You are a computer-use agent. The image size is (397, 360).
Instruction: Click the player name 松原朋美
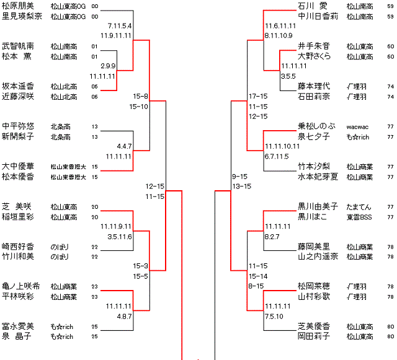pyautogui.click(x=19, y=6)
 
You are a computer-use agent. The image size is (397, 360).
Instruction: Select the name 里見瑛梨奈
pyautogui.click(x=22, y=17)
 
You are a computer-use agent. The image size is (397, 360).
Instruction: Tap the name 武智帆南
pyautogui.click(x=19, y=46)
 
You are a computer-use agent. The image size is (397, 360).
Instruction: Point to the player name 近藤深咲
pyautogui.click(x=19, y=97)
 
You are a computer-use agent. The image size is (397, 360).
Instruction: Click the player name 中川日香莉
pyautogui.click(x=318, y=17)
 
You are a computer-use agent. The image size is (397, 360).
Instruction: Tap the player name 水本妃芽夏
pyautogui.click(x=318, y=177)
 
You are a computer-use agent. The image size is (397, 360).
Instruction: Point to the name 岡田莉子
pyautogui.click(x=313, y=336)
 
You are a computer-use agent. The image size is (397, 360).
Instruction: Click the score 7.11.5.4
pyautogui.click(x=120, y=26)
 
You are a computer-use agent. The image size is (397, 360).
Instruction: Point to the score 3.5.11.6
pyautogui.click(x=120, y=237)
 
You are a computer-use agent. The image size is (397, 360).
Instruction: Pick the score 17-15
pyautogui.click(x=257, y=97)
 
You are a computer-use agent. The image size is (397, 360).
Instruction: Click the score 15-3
pyautogui.click(x=140, y=266)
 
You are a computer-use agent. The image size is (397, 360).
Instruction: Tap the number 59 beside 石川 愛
pyautogui.click(x=390, y=6)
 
